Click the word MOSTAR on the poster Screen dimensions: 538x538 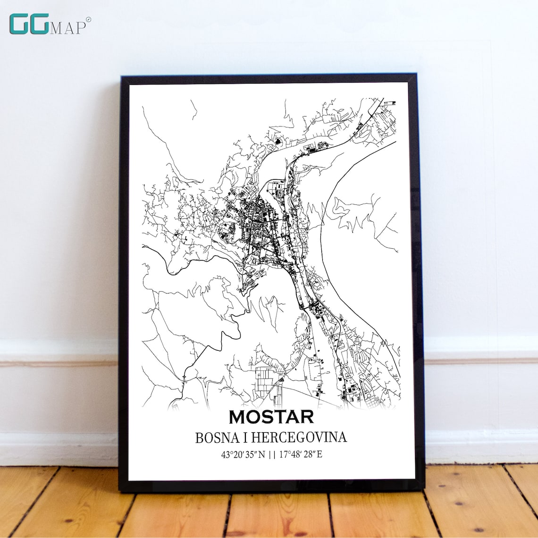pyautogui.click(x=271, y=417)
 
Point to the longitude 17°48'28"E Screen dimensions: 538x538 pyautogui.click(x=301, y=455)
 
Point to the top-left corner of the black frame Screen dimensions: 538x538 pyautogui.click(x=122, y=77)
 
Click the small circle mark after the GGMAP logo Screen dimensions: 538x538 pyautogui.click(x=89, y=19)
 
